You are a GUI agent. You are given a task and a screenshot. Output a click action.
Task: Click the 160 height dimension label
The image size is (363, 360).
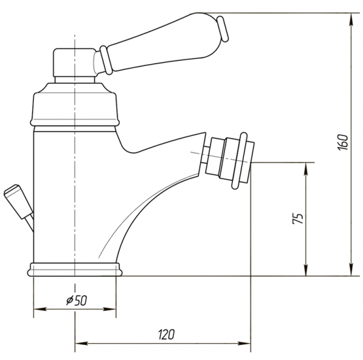(343, 142)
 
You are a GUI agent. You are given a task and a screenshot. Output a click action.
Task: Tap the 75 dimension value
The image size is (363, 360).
(298, 219)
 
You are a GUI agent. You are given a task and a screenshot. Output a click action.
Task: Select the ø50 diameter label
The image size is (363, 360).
(77, 301)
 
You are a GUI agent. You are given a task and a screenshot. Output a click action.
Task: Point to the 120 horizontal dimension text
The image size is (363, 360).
(166, 335)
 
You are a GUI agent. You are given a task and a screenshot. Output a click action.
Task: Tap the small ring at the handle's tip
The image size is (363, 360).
(223, 28)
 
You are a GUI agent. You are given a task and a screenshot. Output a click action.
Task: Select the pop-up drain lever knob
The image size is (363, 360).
(18, 201)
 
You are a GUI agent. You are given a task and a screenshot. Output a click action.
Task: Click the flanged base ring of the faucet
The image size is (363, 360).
(74, 269)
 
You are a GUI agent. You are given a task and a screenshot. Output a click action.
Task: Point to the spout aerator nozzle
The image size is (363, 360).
(229, 160)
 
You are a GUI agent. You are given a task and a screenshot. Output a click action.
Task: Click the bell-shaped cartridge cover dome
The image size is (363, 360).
(74, 105)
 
